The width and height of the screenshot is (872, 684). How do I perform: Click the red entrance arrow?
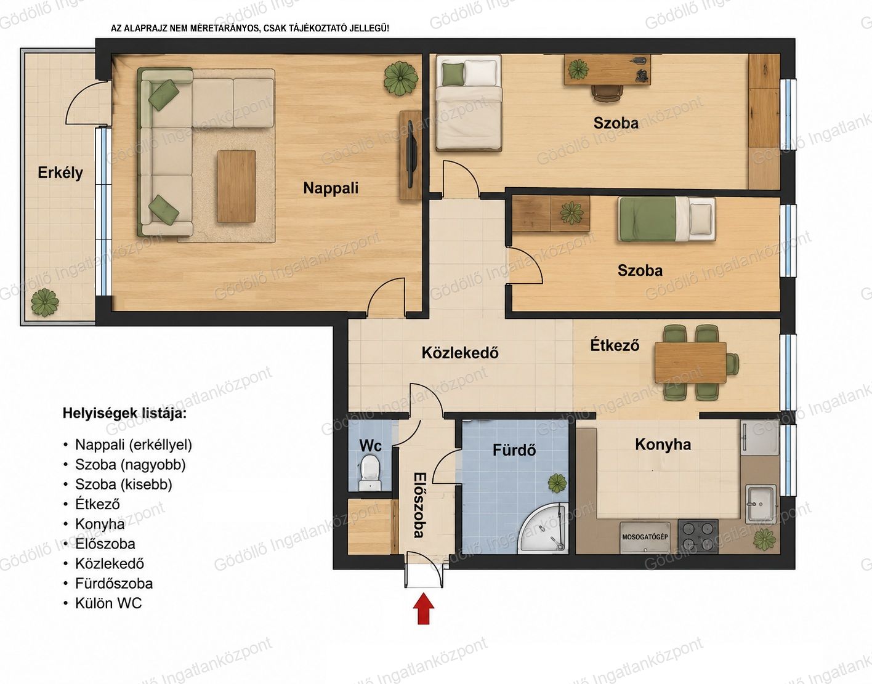coord(423,609)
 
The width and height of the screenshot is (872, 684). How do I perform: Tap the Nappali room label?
coord(331,188)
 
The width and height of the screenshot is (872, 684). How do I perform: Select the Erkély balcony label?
coord(60,172)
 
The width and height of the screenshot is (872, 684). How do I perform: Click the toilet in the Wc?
coord(370,473)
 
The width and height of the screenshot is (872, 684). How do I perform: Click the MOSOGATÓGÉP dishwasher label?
coord(645,537)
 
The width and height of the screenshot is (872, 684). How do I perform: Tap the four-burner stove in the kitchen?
coord(698,536)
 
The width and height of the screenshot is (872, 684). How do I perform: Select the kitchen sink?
coord(761,504)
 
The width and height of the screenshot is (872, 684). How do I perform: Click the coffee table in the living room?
coord(236,186)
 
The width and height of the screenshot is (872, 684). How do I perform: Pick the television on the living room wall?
coord(411,154)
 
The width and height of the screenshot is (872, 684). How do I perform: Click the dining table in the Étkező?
coord(690,363)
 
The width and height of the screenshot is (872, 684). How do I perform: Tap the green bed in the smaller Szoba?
coord(666,219)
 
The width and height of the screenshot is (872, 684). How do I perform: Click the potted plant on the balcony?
coord(45,302)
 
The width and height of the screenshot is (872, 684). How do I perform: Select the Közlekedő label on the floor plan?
coord(460,353)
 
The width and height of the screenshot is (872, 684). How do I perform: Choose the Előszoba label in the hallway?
coord(420,505)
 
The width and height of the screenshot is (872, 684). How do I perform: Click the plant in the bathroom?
coord(557,483)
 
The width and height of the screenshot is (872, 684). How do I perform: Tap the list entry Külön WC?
coord(108,603)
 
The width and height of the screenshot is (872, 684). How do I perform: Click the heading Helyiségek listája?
coord(124,413)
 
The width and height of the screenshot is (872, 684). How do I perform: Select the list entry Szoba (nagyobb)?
coord(131,465)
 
